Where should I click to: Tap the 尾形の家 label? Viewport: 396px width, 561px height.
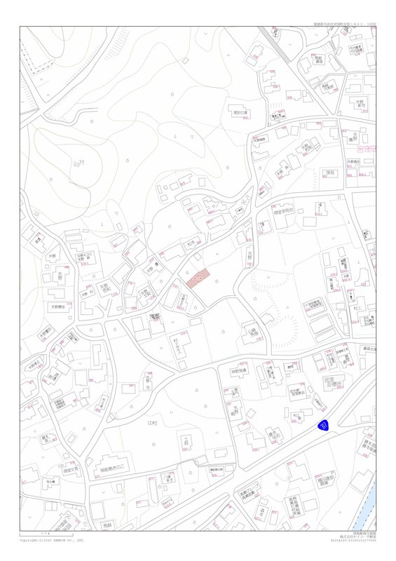click(x=241, y=111)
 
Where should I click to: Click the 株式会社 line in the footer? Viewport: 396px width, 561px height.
click(x=353, y=536)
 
